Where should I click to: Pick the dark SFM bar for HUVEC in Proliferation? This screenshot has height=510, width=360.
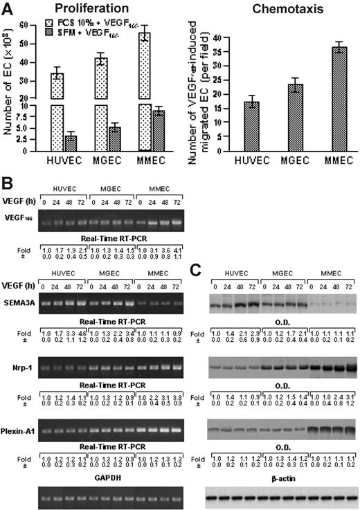(x=70, y=143)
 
